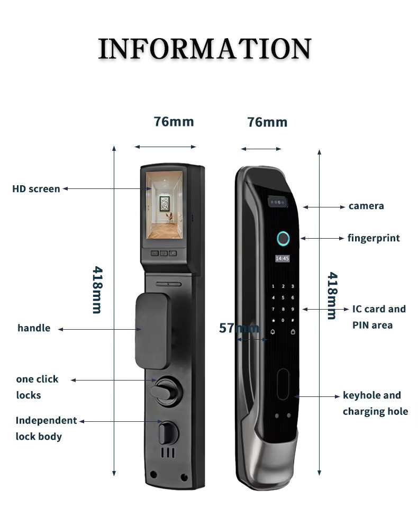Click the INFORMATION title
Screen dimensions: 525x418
[x=204, y=49]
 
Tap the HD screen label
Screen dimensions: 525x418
[x=36, y=189]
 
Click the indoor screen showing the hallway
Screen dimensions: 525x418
[x=165, y=207]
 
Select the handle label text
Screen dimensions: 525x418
[x=34, y=328]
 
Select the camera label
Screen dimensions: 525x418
[x=366, y=206]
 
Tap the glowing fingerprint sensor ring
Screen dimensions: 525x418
[x=283, y=239]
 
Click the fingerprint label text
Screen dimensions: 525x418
[x=374, y=238]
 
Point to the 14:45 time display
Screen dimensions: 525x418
[x=282, y=259]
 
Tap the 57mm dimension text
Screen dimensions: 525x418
[x=239, y=328]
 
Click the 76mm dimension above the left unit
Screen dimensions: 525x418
[x=174, y=122]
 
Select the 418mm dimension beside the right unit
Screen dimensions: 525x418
[x=332, y=296]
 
